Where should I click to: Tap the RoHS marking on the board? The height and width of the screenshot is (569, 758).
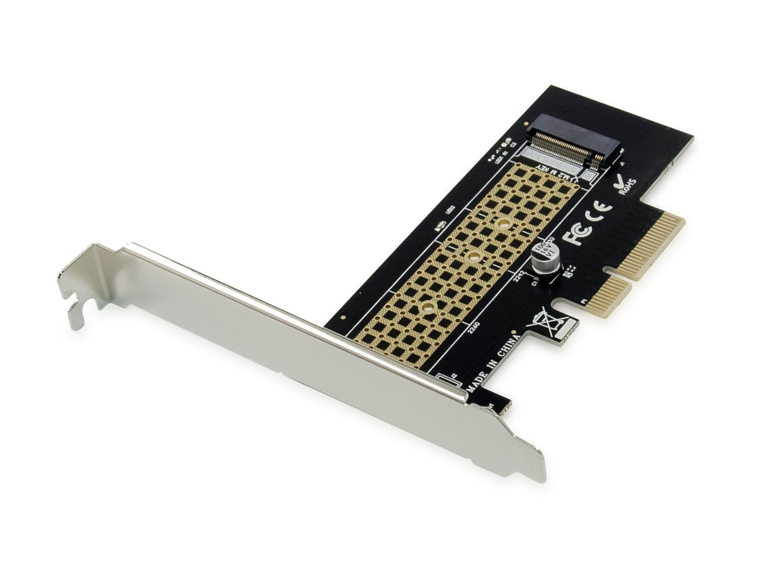pyautogui.click(x=626, y=186)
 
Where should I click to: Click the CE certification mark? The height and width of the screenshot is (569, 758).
pyautogui.click(x=600, y=211)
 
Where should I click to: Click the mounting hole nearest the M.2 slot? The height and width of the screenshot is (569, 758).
pyautogui.click(x=505, y=223)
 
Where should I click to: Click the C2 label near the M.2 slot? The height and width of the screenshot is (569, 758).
pyautogui.click(x=513, y=146)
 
